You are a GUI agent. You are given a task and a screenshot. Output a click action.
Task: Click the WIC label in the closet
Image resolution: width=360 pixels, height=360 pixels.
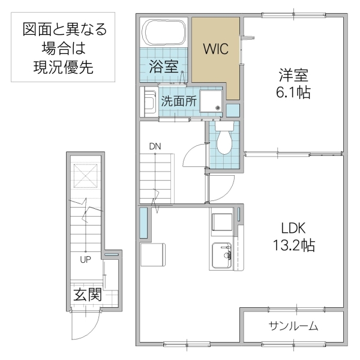tap(214, 49)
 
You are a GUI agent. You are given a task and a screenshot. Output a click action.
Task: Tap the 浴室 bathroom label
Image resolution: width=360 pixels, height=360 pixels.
tap(163, 66)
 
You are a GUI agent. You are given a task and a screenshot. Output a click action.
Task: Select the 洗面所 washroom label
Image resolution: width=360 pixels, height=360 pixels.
tap(178, 101)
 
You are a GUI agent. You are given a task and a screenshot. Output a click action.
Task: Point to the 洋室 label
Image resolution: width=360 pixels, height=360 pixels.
tap(293, 76)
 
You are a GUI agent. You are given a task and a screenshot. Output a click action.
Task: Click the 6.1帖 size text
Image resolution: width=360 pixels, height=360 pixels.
tap(293, 93)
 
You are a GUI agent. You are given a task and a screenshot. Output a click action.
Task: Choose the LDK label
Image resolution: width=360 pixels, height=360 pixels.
tap(293, 228)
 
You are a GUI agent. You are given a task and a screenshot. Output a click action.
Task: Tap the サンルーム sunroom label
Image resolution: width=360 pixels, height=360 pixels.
tap(293, 326)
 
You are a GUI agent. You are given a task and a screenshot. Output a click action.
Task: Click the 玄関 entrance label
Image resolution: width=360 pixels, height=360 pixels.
tap(88, 295)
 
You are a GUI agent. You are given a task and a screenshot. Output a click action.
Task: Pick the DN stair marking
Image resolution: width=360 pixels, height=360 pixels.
tap(155, 146)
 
